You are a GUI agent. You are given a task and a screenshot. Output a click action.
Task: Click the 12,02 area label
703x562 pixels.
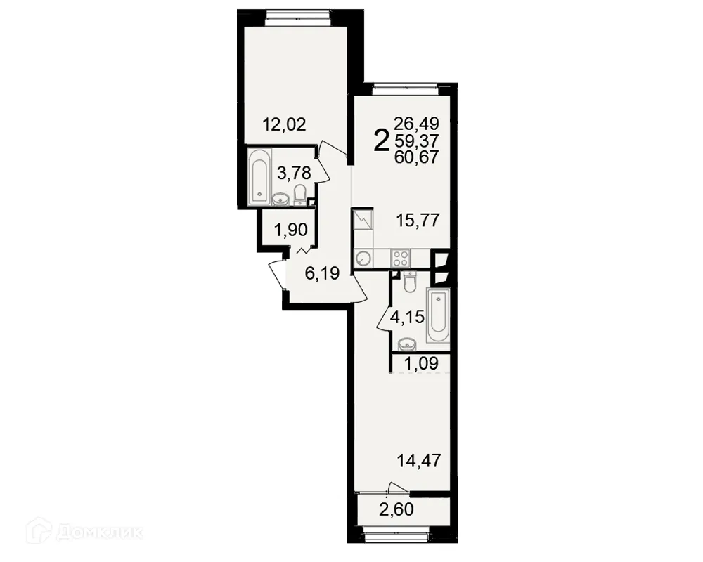click(284, 126)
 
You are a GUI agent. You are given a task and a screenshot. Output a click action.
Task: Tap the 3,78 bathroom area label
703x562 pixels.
click(292, 172)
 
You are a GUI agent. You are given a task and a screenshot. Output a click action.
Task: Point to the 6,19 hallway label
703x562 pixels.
click(322, 275)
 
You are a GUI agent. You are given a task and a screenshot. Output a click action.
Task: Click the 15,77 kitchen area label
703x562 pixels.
click(417, 221)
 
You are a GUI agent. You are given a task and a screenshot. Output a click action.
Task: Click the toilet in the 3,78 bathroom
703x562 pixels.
click(301, 193)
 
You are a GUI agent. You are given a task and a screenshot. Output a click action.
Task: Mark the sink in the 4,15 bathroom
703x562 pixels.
click(408, 344)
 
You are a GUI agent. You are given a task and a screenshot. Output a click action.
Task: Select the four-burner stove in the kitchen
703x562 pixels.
click(400, 257)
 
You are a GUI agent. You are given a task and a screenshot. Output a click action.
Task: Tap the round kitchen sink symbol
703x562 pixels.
click(364, 258)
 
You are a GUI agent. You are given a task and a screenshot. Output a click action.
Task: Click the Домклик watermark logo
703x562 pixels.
click(84, 532)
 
